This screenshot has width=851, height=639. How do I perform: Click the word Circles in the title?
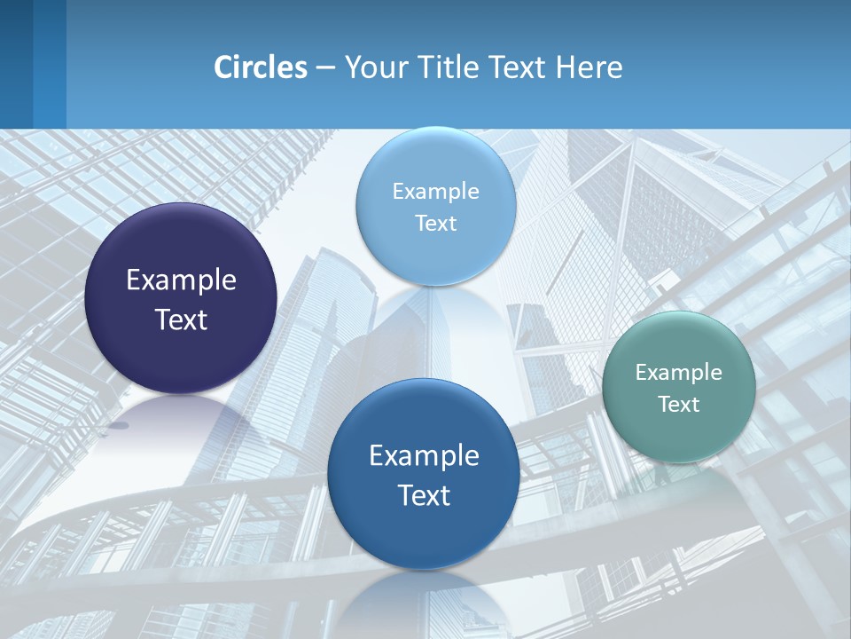click(x=261, y=67)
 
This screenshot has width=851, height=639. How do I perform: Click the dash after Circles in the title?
click(x=325, y=68)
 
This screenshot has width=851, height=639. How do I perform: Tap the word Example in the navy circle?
click(x=181, y=280)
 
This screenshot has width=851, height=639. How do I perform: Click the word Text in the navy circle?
click(x=181, y=319)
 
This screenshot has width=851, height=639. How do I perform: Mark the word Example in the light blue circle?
click(x=435, y=192)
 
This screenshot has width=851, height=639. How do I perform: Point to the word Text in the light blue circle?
click(x=435, y=223)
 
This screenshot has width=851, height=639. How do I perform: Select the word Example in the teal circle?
click(x=678, y=373)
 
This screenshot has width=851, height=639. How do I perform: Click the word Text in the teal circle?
click(x=678, y=405)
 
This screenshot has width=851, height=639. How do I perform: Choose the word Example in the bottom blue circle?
click(x=424, y=456)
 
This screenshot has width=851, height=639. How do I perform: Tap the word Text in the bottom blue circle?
click(x=424, y=495)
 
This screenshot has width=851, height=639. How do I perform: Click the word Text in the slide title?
click(x=519, y=67)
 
